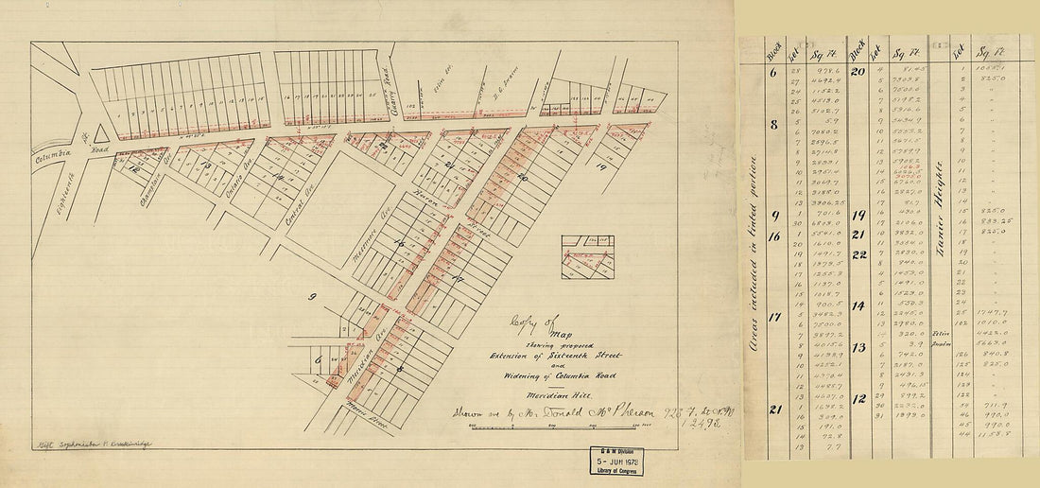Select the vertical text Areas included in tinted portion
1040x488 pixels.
[755, 255]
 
